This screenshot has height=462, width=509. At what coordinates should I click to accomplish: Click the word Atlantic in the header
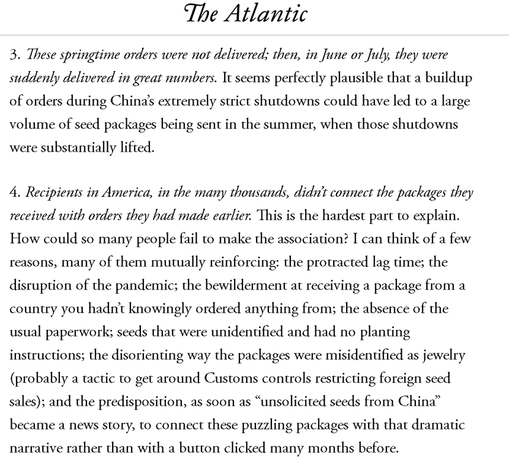point(271,13)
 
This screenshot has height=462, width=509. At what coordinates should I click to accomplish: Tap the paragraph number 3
point(13,55)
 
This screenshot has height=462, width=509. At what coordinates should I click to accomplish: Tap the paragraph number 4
point(13,193)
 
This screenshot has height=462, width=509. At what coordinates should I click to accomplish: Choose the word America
point(110,193)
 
